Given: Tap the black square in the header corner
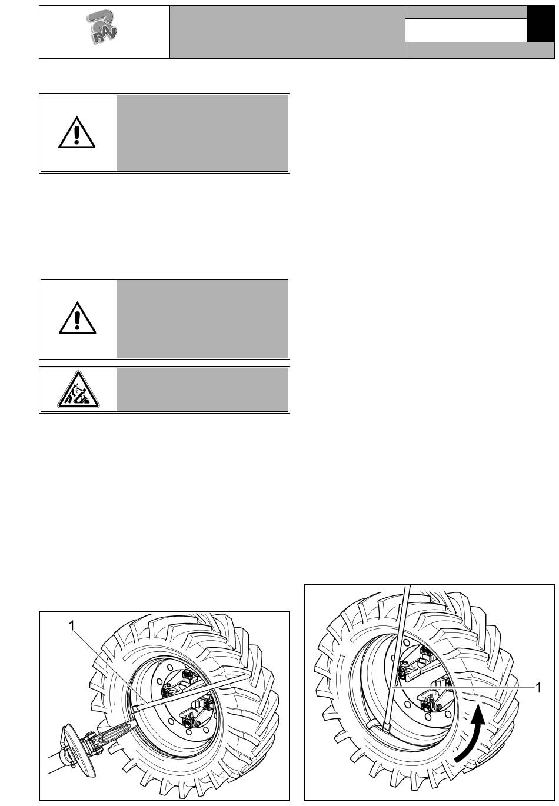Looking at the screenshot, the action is (540, 24).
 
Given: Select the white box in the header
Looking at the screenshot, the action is (465, 30).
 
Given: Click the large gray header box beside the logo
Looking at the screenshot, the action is (287, 32).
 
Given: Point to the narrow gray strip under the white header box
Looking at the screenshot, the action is (480, 51).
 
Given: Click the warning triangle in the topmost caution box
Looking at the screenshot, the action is (77, 132).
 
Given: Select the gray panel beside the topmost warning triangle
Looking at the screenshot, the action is (202, 133).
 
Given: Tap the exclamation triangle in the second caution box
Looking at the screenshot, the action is (77, 318).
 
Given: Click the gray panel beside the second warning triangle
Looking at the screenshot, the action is (202, 318).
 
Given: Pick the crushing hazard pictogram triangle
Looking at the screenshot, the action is (78, 391).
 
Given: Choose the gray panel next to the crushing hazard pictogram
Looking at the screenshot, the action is (202, 390).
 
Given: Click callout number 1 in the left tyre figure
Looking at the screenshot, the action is (72, 626).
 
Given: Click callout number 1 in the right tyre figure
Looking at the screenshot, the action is (537, 686).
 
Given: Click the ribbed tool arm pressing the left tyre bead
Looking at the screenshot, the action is (118, 732).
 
